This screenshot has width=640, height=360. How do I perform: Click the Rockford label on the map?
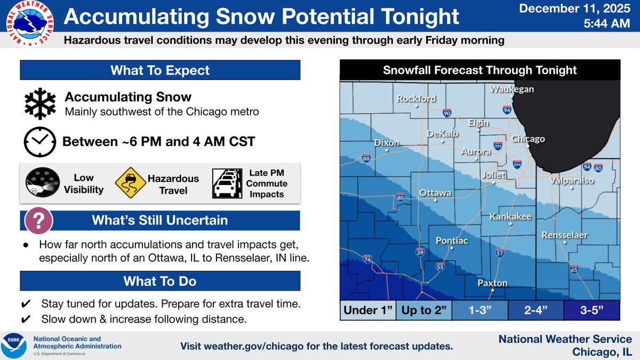click(416, 99)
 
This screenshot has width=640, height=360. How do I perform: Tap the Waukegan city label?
click(512, 89)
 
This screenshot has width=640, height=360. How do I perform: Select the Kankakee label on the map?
click(510, 217)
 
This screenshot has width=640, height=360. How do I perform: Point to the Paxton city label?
click(492, 283)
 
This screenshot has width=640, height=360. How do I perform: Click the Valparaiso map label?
click(572, 181)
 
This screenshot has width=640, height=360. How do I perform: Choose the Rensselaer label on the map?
click(564, 235)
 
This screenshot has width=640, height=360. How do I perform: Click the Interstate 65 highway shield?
click(574, 269)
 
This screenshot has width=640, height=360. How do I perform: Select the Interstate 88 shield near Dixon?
click(366, 158)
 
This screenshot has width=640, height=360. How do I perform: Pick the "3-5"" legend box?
click(591, 310)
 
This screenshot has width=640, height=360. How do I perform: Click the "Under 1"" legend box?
click(368, 310)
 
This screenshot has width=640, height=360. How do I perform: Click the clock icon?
click(39, 141)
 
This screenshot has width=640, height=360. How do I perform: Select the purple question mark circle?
click(38, 220)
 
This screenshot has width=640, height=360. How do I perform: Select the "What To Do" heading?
click(160, 281)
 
